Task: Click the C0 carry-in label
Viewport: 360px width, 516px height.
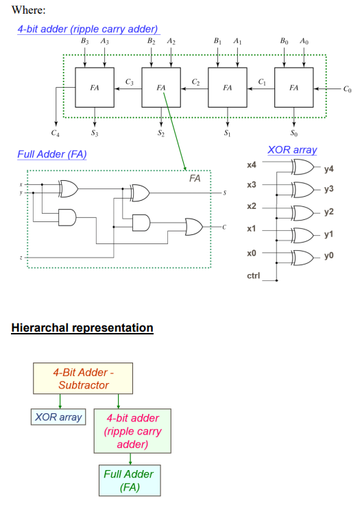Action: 347,89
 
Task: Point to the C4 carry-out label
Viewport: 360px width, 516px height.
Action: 55,133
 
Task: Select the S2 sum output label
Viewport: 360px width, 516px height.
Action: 160,133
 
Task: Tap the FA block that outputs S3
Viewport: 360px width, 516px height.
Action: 95,88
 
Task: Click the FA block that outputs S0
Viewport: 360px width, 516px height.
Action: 293,88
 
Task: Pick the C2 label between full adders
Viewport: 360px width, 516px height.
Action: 195,82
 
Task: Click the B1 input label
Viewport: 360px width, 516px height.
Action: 217,41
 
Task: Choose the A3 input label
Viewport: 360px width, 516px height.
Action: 104,41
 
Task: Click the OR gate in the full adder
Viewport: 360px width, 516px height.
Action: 193,227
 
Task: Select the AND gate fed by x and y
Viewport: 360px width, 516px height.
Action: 67,217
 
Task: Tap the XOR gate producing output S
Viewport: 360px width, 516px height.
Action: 140,193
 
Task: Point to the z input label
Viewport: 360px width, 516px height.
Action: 21,258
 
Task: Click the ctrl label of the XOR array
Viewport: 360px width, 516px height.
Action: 253,275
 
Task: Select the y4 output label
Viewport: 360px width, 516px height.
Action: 328,169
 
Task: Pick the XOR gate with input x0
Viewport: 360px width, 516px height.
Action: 303,258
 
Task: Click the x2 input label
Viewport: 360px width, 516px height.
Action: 251,206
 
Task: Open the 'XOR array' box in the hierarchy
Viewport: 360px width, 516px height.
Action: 58,417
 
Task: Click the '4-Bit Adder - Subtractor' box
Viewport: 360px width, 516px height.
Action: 83,378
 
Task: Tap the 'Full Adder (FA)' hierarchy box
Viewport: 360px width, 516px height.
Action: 130,480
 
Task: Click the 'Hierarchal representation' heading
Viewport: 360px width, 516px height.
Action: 82,328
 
